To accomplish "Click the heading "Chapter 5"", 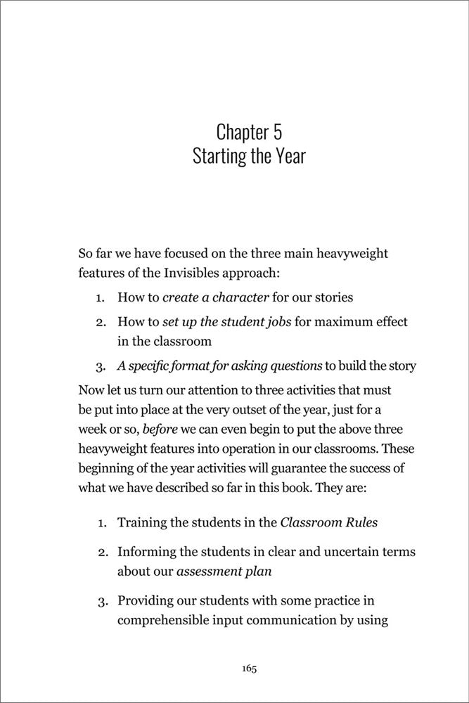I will click(249, 131).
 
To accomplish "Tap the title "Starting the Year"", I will click(249, 155).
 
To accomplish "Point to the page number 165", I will click(249, 669).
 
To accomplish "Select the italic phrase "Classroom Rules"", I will click(323, 522).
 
